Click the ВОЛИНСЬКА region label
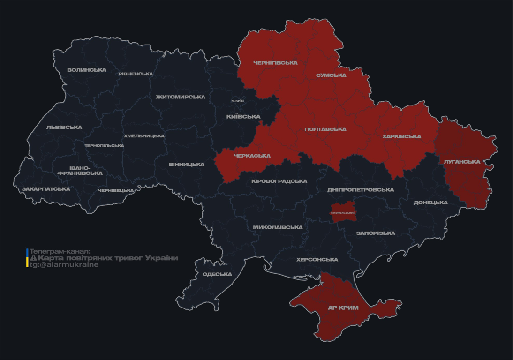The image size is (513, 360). tap(86, 70)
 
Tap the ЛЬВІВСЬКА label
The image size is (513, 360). tap(64, 127)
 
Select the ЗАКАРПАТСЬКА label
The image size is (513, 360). tap(45, 189)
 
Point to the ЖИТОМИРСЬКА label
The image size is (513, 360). tap(180, 97)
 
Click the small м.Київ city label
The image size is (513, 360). tap(237, 101)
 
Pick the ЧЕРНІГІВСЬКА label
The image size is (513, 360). tap(275, 63)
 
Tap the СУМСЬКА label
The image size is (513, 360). tap(331, 75)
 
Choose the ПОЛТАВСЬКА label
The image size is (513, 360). tap(325, 129)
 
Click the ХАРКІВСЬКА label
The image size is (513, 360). tap(401, 136)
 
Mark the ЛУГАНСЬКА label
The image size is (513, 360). tap(462, 162)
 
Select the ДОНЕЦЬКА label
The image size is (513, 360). tap(430, 202)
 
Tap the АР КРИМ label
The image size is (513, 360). tap(343, 308)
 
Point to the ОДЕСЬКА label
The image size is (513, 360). tap(217, 274)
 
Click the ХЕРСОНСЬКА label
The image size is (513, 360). tap(317, 260)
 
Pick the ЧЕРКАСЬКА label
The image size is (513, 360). tap(252, 156)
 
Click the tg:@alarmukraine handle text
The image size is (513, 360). tap(64, 265)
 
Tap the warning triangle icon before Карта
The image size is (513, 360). tap(33, 258)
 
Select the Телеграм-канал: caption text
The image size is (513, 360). tap(59, 251)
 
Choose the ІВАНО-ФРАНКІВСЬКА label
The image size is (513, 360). tap(80, 171)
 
